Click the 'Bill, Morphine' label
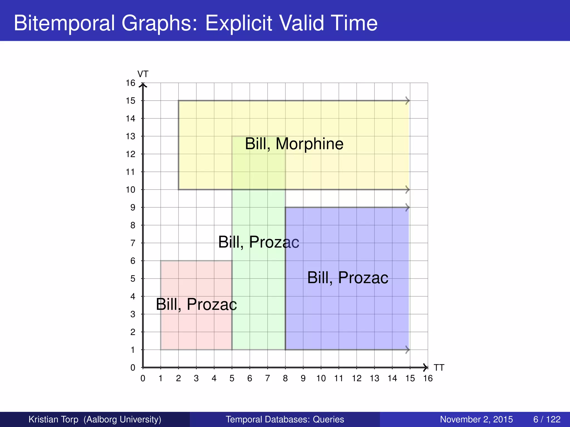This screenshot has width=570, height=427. pos(294,144)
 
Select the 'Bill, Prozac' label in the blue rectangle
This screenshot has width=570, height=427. pos(348,278)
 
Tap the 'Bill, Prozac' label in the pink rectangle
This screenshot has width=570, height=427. pos(196,304)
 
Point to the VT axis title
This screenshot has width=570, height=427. pos(143,74)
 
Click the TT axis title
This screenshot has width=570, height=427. pos(439,368)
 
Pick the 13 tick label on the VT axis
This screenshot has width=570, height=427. pos(130,136)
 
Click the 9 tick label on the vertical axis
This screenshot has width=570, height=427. pos(132,208)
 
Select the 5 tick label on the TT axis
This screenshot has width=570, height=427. pos(232,378)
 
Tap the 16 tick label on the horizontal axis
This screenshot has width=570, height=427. pos(428,378)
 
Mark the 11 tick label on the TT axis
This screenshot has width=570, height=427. pos(339,378)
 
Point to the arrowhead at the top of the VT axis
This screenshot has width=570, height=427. pos(143,85)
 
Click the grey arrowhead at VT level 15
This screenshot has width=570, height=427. pos(408,101)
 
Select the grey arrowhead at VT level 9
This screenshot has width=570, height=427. pos(408,207)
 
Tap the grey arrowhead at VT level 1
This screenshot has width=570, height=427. pos(408,350)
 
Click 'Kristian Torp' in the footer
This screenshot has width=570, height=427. pos(53,419)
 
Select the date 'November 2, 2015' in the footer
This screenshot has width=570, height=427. pos(476,419)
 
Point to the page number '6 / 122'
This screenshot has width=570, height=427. pos(547,419)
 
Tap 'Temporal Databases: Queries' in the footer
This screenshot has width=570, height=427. pos(285,419)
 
